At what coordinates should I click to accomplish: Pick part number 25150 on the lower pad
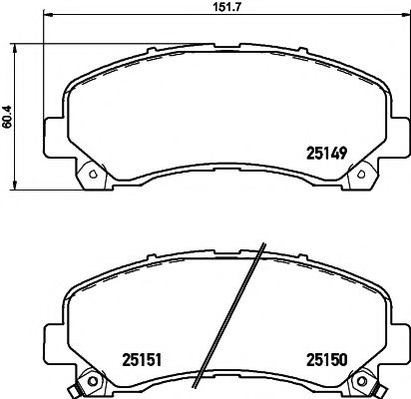326,359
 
